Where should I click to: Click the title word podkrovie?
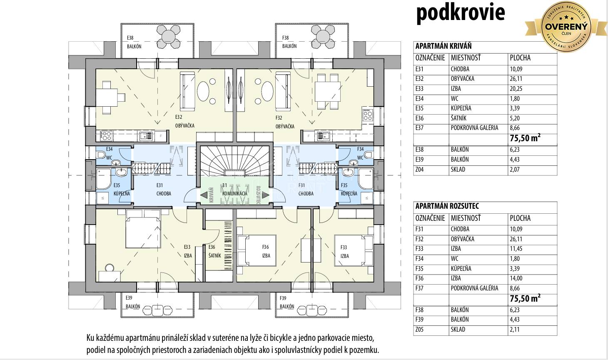tap(460, 12)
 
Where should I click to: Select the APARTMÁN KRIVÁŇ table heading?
tap(443, 46)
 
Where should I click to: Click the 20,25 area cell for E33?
tap(516, 89)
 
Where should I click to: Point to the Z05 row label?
tap(419, 330)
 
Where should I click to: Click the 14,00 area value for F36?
tap(516, 278)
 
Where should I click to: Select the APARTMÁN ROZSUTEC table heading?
tap(447, 206)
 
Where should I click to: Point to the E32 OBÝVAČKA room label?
tap(184, 122)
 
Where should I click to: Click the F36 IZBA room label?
tap(266, 251)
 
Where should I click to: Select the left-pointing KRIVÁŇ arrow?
tap(204, 195)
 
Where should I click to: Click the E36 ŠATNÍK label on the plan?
tap(214, 251)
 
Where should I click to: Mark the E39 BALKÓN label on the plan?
tap(133, 302)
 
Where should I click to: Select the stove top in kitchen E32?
tap(106, 135)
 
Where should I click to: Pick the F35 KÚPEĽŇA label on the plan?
tap(348, 190)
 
